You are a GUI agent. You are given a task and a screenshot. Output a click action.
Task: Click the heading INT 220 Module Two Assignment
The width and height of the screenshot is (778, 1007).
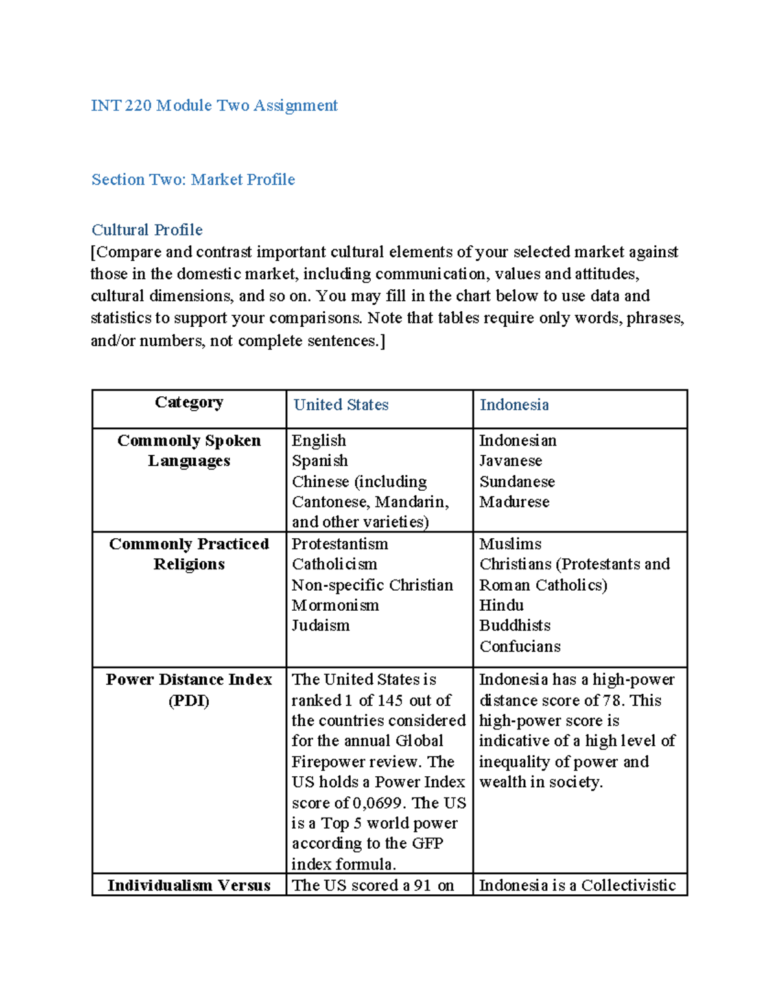click(214, 106)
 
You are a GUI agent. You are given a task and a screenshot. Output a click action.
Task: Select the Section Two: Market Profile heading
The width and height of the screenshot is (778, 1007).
click(193, 180)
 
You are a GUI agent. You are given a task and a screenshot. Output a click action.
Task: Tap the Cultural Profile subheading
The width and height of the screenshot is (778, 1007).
click(147, 230)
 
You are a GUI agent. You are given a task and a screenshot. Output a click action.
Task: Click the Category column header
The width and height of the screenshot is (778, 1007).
click(189, 403)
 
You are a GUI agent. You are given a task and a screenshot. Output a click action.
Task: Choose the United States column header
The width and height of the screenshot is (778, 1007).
click(340, 405)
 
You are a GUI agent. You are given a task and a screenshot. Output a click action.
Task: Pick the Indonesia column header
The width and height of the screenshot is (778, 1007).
click(513, 405)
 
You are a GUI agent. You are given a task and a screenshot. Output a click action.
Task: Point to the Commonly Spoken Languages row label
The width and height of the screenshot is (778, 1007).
click(189, 451)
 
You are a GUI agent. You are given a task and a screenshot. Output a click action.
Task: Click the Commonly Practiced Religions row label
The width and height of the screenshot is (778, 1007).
click(189, 554)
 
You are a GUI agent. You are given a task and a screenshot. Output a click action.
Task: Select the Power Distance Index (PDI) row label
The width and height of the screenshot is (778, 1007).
click(189, 690)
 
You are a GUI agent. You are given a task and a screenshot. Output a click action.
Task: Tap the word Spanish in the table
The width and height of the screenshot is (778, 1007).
click(320, 461)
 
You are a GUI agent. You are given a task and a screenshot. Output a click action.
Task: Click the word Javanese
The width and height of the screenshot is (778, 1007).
click(510, 461)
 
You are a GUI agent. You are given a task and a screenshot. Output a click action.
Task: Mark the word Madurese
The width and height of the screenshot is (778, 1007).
click(514, 502)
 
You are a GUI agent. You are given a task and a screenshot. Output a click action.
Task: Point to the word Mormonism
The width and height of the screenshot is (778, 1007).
click(335, 606)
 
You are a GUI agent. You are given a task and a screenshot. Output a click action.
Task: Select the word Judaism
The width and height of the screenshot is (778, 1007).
click(320, 626)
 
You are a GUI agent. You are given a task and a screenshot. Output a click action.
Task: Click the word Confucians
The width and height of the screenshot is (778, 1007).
click(519, 646)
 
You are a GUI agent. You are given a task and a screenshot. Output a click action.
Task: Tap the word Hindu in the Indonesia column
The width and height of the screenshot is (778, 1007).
click(501, 606)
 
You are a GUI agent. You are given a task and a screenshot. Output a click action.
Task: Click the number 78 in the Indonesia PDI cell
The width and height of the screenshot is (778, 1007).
click(613, 701)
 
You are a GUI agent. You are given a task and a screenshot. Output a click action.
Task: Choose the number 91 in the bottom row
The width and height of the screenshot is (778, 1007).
click(422, 886)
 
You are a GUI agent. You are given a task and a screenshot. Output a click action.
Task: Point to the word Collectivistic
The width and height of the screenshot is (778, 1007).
click(628, 886)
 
